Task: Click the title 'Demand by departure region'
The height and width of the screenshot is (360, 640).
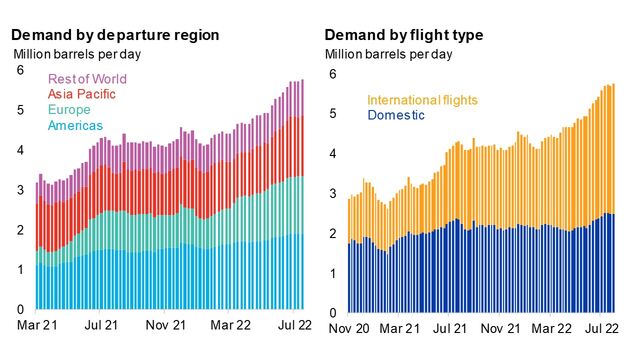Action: click(x=116, y=35)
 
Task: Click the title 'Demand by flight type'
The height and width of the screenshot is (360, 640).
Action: click(x=404, y=35)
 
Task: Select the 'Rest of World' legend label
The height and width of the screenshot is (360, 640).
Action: click(x=94, y=79)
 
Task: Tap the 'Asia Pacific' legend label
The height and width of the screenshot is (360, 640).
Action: click(x=88, y=94)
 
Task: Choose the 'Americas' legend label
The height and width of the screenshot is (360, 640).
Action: click(x=77, y=125)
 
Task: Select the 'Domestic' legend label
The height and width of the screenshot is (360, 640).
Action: click(x=396, y=116)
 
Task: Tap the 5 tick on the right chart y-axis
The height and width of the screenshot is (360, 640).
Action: click(x=333, y=114)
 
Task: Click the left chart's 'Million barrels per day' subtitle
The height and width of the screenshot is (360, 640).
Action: click(x=72, y=54)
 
